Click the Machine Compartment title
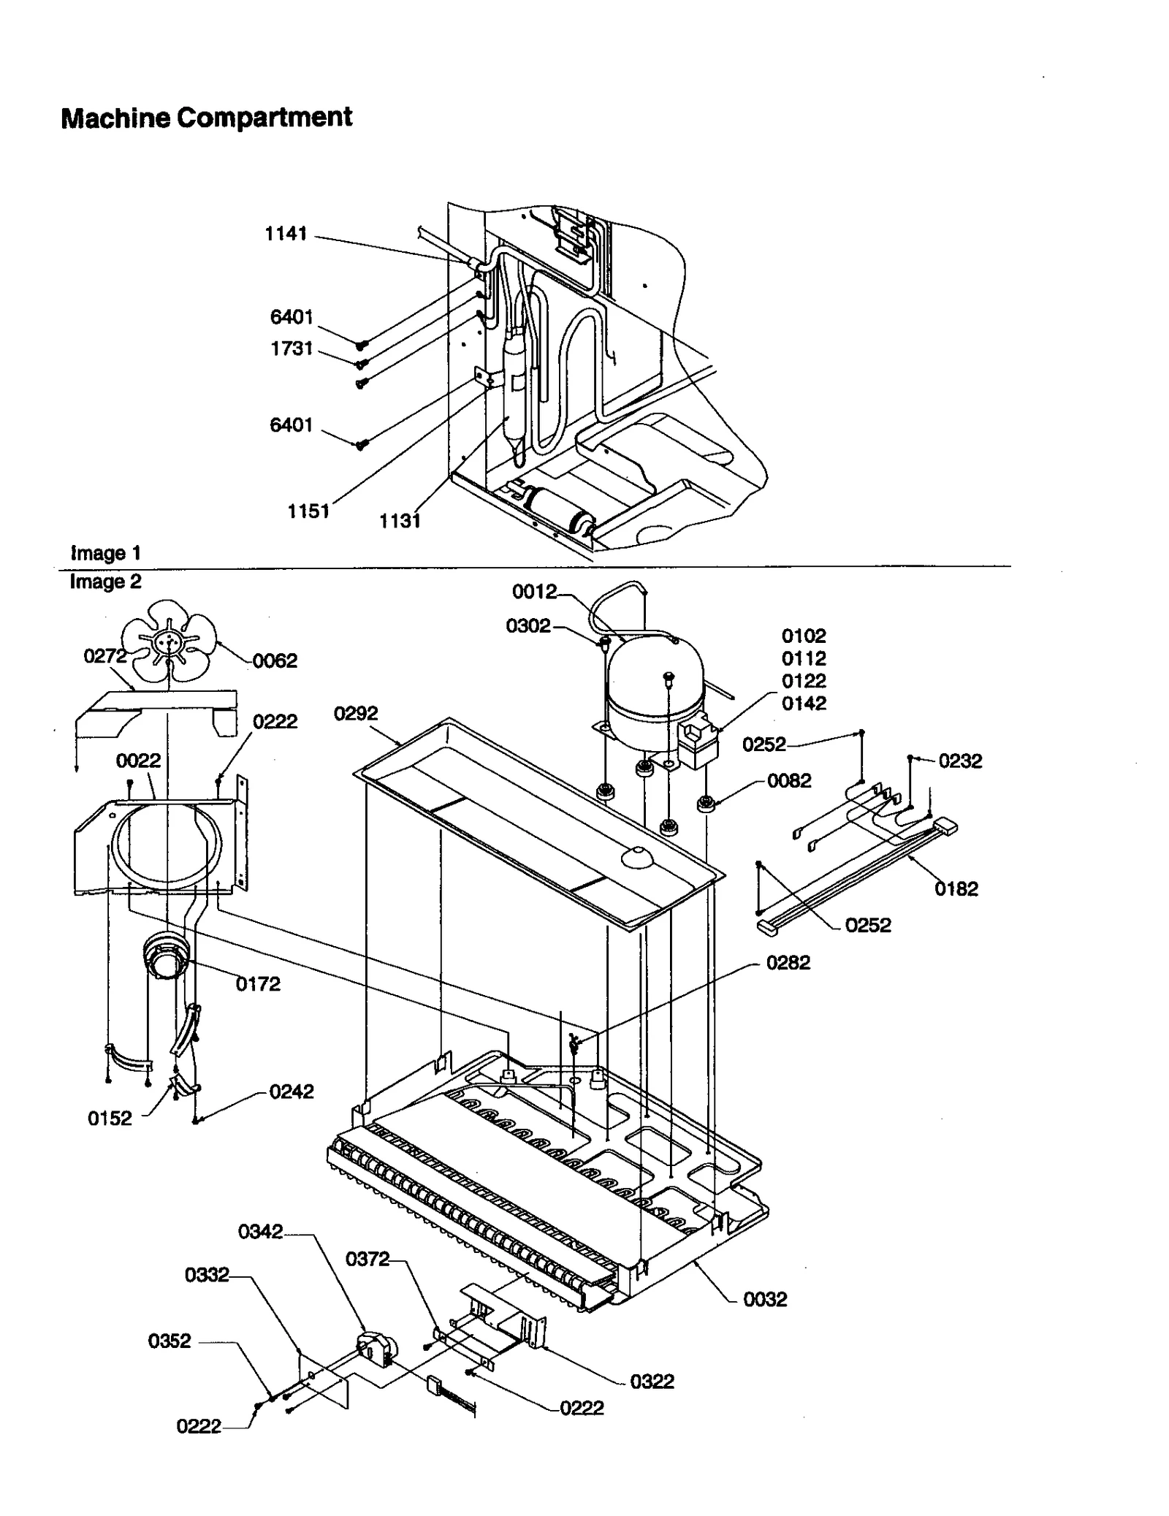(206, 118)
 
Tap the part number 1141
(286, 234)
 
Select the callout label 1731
(292, 348)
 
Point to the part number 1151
(308, 511)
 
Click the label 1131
(400, 520)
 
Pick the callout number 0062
(275, 660)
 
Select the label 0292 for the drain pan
(356, 713)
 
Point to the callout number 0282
(788, 962)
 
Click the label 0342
(260, 1232)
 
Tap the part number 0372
(368, 1259)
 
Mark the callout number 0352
(170, 1341)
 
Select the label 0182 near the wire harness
(956, 888)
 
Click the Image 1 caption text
(105, 553)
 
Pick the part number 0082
(789, 780)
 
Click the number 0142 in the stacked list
(804, 703)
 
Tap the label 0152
(110, 1118)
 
